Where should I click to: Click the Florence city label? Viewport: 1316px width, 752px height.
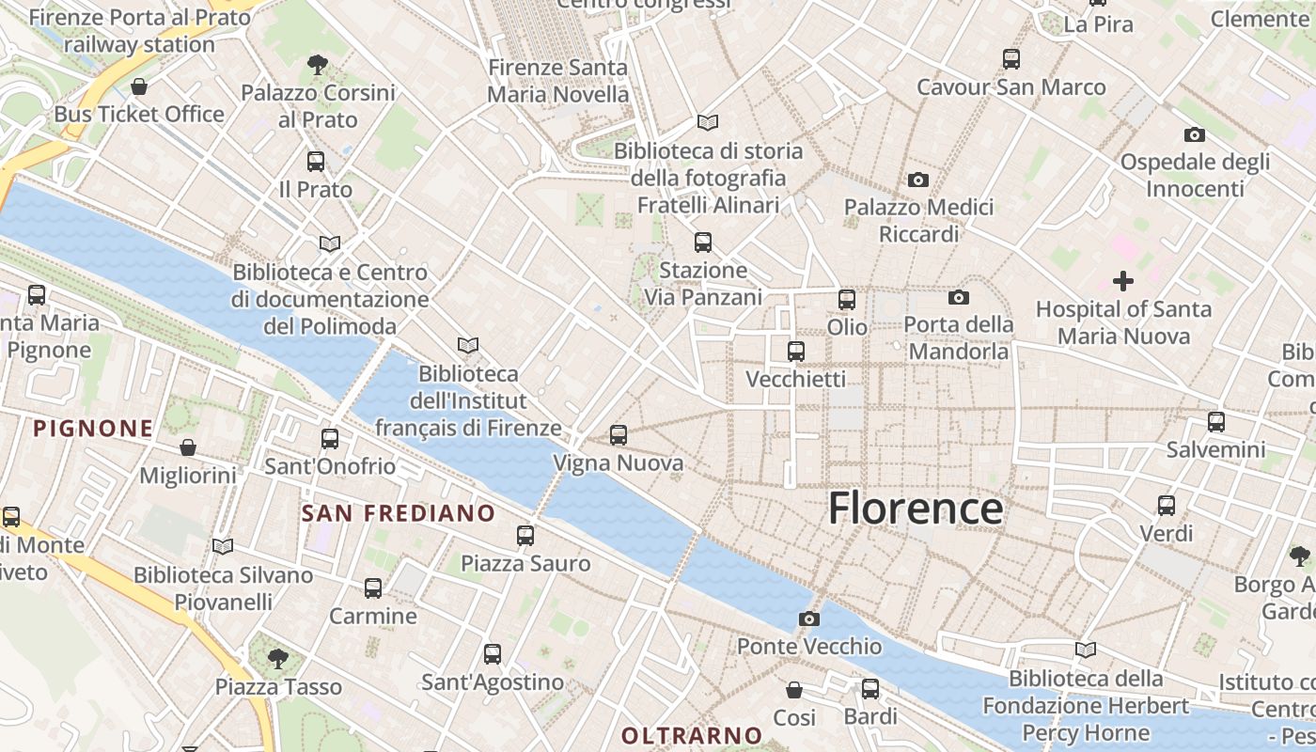point(916,509)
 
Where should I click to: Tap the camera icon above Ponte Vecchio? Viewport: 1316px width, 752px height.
point(808,619)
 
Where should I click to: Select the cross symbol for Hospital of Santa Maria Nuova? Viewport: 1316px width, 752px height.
point(1122,280)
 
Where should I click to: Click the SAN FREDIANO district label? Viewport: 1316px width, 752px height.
point(398,513)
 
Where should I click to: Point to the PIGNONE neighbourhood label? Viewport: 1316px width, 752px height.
point(93,429)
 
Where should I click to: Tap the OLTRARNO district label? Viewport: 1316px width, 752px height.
point(692,735)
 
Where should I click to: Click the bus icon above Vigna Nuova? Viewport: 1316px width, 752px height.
point(618,435)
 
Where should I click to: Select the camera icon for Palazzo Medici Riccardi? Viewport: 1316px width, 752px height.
point(918,180)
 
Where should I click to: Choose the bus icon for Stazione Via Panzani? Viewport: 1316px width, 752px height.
point(703,243)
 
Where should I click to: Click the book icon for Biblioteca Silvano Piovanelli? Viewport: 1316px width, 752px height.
point(223,546)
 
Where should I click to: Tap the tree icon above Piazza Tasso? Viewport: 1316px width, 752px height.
point(277,658)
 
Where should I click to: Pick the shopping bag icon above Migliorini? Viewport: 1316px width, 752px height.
point(188,447)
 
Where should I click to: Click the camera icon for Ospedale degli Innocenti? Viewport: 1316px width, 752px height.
point(1195,134)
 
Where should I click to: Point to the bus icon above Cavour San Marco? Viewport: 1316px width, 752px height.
point(1011,59)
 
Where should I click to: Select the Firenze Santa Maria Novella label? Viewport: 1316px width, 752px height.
point(558,81)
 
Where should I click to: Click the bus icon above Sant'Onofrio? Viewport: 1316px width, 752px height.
point(330,438)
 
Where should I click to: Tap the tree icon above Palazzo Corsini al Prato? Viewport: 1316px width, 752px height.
point(318,65)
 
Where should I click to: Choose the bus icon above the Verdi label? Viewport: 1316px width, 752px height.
point(1167,506)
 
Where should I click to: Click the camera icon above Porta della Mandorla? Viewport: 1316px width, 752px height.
point(959,298)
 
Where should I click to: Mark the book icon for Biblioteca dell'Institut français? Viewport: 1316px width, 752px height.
point(468,346)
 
